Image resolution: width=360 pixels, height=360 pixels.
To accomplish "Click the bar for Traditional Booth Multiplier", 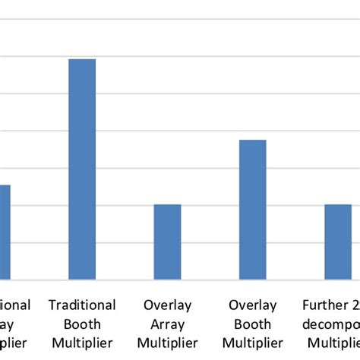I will click(x=82, y=169).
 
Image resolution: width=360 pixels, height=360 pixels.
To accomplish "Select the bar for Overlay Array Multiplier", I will click(x=167, y=242).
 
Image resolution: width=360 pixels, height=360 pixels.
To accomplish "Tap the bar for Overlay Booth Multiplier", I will click(x=252, y=210).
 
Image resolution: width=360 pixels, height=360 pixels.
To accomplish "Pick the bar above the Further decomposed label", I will click(x=337, y=242).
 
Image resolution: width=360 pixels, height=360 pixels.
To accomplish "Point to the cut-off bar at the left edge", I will click(x=5, y=232).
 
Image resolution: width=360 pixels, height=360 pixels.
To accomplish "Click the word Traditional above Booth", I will click(x=82, y=305).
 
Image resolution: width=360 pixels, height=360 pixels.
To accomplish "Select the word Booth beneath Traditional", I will click(x=82, y=324).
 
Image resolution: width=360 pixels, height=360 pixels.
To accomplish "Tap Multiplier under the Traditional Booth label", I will click(x=82, y=343).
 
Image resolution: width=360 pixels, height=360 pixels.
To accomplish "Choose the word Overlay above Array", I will click(x=167, y=305).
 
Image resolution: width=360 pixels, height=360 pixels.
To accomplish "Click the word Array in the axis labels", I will click(x=167, y=324).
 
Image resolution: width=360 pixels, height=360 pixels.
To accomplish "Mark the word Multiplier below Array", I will click(x=167, y=343).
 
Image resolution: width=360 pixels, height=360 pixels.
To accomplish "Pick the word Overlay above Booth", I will click(x=252, y=305).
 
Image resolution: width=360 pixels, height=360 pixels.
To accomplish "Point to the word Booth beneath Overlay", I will click(x=252, y=324).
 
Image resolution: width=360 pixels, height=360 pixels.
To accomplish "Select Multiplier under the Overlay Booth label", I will click(x=252, y=343).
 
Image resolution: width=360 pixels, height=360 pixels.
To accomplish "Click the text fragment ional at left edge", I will click(x=14, y=305).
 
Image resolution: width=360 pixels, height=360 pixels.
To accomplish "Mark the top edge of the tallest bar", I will click(x=82, y=59).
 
